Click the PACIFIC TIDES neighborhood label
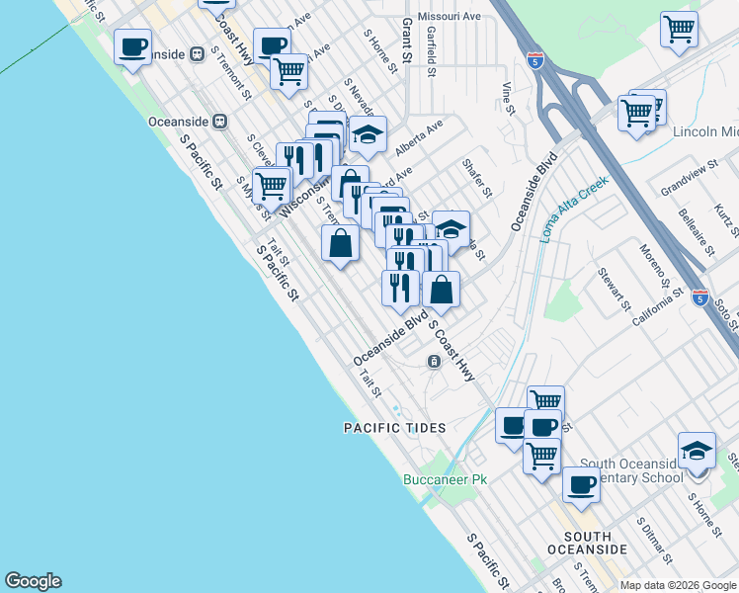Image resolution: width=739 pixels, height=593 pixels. [x=395, y=428]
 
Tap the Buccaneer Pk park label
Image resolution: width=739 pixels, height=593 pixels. [x=446, y=480]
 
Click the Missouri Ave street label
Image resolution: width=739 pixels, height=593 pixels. [x=449, y=17]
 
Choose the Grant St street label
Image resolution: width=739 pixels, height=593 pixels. [x=406, y=44]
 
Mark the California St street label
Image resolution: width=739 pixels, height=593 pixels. [x=658, y=307]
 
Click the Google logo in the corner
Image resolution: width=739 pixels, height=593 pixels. [x=33, y=581]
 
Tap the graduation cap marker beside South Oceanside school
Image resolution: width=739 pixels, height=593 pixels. [x=697, y=450]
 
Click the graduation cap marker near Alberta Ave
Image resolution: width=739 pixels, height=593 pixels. [x=368, y=134]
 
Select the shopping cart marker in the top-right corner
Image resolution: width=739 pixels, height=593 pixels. [x=679, y=29]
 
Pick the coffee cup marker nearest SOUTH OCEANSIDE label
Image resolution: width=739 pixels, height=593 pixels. [x=582, y=484]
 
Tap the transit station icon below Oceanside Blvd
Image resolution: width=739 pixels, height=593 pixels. [x=434, y=362]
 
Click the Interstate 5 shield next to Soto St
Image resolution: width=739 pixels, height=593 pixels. [x=699, y=296]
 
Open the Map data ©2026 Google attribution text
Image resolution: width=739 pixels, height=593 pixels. [x=678, y=585]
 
